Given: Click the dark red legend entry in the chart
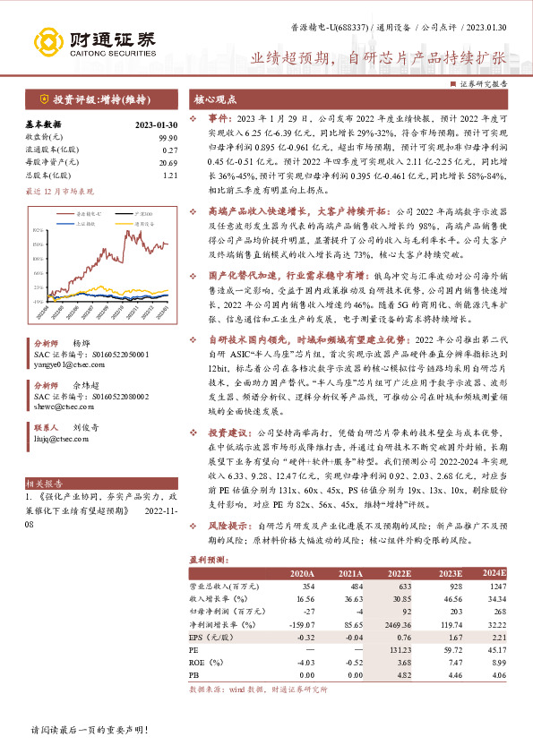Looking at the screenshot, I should (73, 214).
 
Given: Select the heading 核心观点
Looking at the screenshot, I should (216, 99).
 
